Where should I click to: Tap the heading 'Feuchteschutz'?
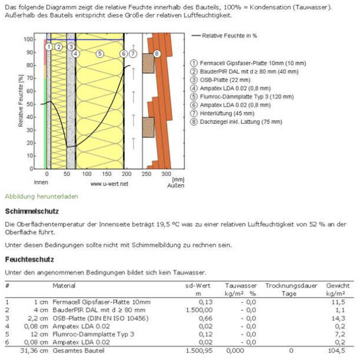point(29,259)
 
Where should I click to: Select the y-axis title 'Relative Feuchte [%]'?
point(21,101)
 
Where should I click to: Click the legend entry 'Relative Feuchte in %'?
point(229,35)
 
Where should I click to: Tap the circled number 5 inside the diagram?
point(100,54)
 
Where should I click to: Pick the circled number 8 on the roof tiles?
point(157,54)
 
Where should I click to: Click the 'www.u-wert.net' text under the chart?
point(110,183)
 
